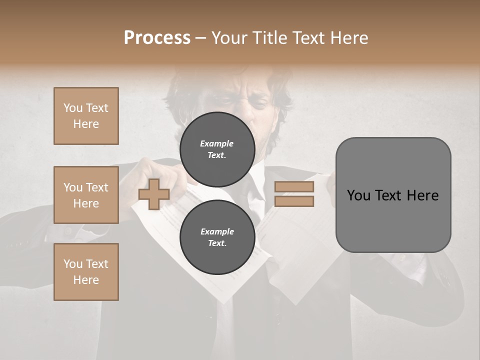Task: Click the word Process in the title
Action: tap(157, 38)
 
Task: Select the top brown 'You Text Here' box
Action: tap(86, 116)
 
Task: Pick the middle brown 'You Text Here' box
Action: tap(86, 195)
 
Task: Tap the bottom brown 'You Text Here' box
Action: tap(86, 272)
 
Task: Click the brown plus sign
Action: tap(153, 194)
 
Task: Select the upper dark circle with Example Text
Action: tap(217, 149)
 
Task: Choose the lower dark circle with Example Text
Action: tap(217, 237)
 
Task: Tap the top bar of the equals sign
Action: tap(294, 187)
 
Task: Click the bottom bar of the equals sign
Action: tap(294, 201)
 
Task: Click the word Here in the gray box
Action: tap(422, 195)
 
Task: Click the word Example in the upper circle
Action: tap(217, 143)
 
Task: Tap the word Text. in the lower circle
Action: tap(217, 243)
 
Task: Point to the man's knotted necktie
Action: tap(256, 192)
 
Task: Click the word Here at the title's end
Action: tap(350, 38)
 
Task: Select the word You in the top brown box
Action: tap(73, 108)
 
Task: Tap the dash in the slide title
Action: tap(200, 38)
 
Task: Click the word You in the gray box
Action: tap(358, 195)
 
